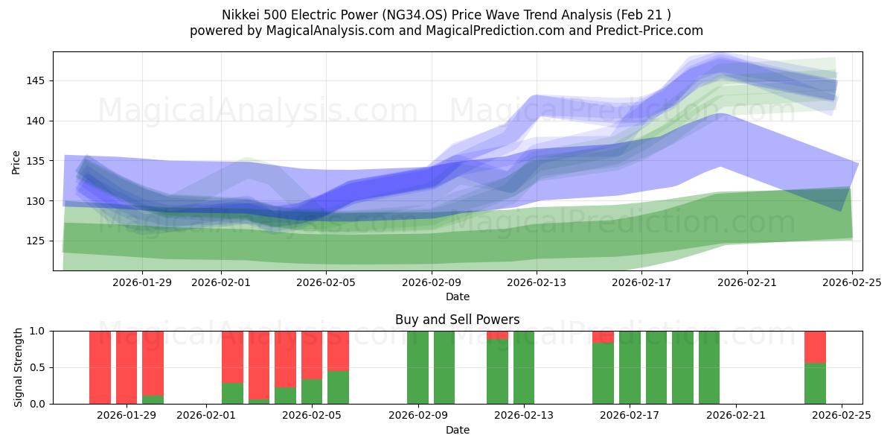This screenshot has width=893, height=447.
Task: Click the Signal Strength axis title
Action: (x=19, y=367)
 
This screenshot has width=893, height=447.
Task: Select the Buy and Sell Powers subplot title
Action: (x=457, y=320)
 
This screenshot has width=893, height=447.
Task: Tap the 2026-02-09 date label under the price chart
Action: (x=432, y=282)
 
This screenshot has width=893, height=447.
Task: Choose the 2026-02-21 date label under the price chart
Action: (x=747, y=282)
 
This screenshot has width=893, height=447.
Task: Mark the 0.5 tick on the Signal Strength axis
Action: (x=36, y=367)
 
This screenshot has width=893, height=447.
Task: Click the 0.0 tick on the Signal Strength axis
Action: (x=36, y=404)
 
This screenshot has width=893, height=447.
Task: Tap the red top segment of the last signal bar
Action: (x=815, y=346)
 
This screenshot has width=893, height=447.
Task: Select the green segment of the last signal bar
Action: (x=815, y=383)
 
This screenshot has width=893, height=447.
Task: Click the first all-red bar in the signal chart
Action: (x=100, y=367)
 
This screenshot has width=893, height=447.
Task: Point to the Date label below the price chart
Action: (x=457, y=297)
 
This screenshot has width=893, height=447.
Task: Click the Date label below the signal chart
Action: (x=457, y=430)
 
